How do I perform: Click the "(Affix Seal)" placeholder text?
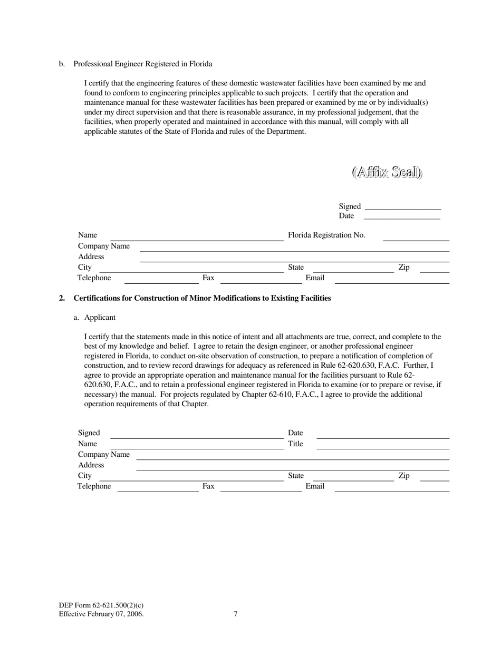(x=387, y=172)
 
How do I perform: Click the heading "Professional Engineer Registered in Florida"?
(x=142, y=64)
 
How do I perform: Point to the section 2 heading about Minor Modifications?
(x=202, y=298)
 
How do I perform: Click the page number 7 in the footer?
(x=235, y=614)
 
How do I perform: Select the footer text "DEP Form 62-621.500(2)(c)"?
(x=101, y=606)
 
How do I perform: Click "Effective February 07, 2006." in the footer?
(x=101, y=614)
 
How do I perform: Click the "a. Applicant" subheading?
(x=100, y=318)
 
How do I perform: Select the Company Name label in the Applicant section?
(x=104, y=455)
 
